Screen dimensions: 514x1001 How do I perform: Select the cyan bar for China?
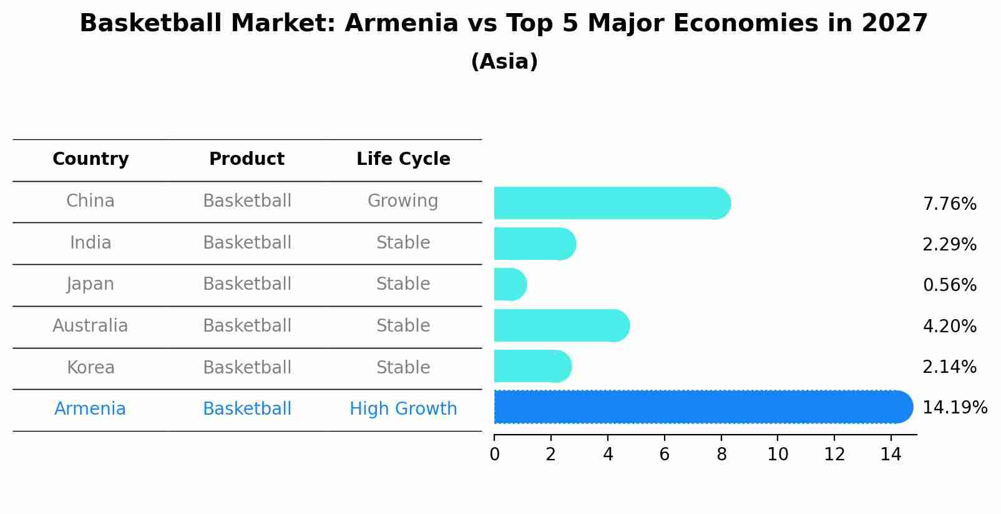coord(612,203)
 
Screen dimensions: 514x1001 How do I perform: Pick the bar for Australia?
coord(561,325)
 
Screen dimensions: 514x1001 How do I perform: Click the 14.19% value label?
coord(954,408)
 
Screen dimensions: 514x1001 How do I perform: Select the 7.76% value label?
coord(949,204)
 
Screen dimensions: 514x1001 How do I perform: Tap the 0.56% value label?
coord(949,285)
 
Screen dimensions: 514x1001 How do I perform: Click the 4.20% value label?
coord(949,327)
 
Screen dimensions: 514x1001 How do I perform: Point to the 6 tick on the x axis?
coord(664,455)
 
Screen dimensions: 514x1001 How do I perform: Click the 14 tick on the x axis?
coord(891,455)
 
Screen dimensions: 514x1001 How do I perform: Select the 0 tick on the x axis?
coord(494,455)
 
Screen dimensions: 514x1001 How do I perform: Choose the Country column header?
coord(90,159)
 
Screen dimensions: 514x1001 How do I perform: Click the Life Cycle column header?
coord(403,159)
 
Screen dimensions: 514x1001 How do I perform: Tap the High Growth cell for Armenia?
coord(403,409)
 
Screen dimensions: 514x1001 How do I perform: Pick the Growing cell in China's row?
coord(403,201)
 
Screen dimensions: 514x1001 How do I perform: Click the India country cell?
coord(90,243)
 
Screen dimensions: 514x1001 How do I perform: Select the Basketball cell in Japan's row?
coord(247,284)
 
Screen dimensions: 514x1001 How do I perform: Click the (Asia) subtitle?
coord(504,62)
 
